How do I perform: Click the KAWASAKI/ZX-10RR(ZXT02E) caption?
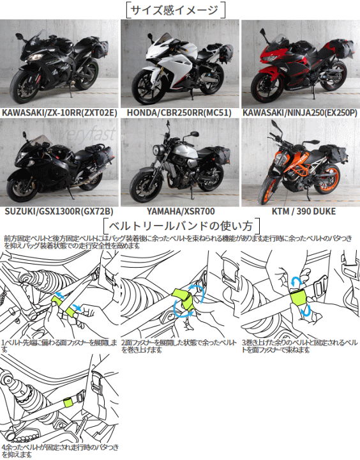[x=59, y=112]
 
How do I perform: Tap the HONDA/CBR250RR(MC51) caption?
[x=179, y=112]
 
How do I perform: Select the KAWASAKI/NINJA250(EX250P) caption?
[x=300, y=112]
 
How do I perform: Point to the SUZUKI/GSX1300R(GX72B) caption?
[x=59, y=211]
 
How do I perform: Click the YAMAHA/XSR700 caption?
[x=179, y=211]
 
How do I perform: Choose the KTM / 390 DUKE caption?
[x=300, y=211]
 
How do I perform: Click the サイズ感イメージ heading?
[x=178, y=10]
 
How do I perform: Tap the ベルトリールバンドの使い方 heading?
[x=180, y=226]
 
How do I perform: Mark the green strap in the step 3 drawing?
[x=297, y=296]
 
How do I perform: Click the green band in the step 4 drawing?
[x=69, y=402]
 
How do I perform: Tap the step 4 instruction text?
[x=59, y=450]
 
